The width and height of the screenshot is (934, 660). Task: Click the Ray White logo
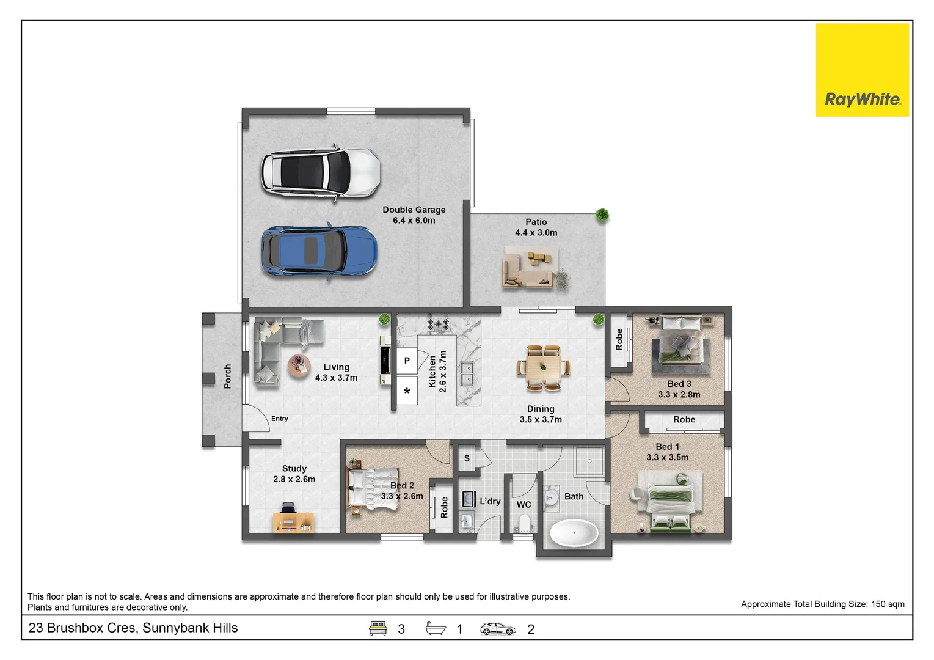862,70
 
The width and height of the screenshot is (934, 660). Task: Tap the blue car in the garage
319,251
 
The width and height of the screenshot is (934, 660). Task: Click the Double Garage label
414,210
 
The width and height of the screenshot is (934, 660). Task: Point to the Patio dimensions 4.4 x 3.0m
536,233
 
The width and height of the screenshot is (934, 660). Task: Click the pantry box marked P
407,361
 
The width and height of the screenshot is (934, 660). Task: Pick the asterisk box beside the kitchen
407,391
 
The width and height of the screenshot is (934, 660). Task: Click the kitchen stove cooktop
438,324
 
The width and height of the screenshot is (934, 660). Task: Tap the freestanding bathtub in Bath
574,533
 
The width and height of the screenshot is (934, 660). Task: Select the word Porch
227,376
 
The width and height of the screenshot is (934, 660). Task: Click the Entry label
280,419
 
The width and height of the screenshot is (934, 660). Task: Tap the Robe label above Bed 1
684,420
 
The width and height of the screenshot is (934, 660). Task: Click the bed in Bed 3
680,345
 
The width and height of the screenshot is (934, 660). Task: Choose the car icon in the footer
498,629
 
